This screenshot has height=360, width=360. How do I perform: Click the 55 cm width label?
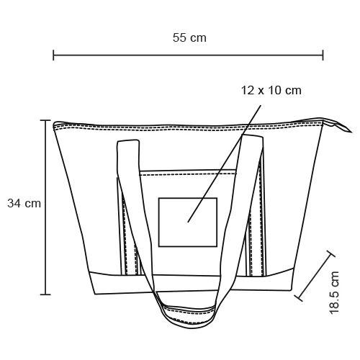189,37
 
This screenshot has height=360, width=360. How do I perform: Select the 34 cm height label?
24,204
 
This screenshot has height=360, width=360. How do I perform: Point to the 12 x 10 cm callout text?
271,91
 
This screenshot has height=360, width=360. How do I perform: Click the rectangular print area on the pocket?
187,222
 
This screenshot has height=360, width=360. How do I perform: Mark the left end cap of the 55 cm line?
54,55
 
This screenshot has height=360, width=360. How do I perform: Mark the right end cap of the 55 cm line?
323,55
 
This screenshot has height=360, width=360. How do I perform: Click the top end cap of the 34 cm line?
47,120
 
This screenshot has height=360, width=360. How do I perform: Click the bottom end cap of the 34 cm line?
47,294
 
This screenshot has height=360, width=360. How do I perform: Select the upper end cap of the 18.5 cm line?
331,253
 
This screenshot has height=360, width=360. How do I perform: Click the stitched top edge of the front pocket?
188,172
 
